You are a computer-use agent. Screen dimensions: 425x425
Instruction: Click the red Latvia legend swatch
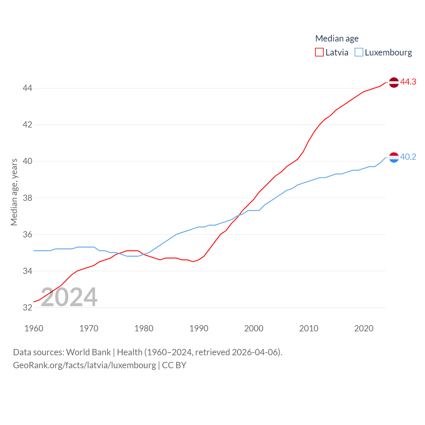point(319,52)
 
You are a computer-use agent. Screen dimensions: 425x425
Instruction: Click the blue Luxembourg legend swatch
point(359,52)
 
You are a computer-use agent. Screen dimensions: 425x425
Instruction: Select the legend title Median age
point(337,39)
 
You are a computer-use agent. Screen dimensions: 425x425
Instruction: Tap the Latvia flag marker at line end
point(394,82)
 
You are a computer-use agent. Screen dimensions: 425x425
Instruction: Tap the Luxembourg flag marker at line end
point(394,157)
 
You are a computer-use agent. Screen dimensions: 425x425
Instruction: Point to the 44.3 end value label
point(408,82)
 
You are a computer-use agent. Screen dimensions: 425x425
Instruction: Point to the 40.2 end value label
point(408,157)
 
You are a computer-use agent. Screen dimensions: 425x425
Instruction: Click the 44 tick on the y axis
point(27,88)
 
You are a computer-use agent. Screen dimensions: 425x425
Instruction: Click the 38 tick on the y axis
point(27,198)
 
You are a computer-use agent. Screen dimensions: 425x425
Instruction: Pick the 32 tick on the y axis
point(27,307)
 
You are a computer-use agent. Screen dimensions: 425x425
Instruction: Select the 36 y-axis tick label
point(27,234)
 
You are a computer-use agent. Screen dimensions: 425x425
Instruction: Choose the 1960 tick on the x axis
point(34,328)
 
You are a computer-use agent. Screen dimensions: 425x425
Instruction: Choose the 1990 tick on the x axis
point(199,328)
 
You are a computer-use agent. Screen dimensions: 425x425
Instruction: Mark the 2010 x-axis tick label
point(308,328)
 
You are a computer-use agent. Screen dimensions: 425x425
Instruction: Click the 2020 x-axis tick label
point(364,328)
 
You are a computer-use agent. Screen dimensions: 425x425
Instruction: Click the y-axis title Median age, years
point(14,192)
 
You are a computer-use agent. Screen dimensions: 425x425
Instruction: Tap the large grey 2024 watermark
point(69,297)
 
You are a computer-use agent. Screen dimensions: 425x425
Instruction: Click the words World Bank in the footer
point(88,352)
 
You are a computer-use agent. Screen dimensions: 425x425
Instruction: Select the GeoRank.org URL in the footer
point(84,365)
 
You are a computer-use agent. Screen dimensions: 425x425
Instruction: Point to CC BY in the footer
point(174,365)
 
